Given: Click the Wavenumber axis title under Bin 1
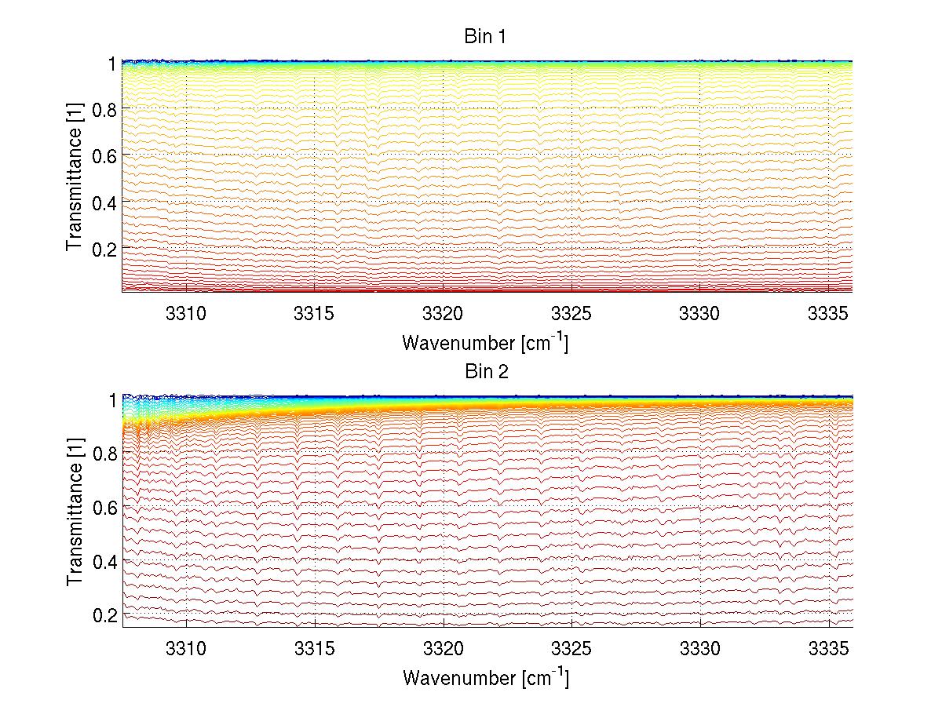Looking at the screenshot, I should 484,342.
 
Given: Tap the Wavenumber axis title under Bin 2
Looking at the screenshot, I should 484,677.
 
